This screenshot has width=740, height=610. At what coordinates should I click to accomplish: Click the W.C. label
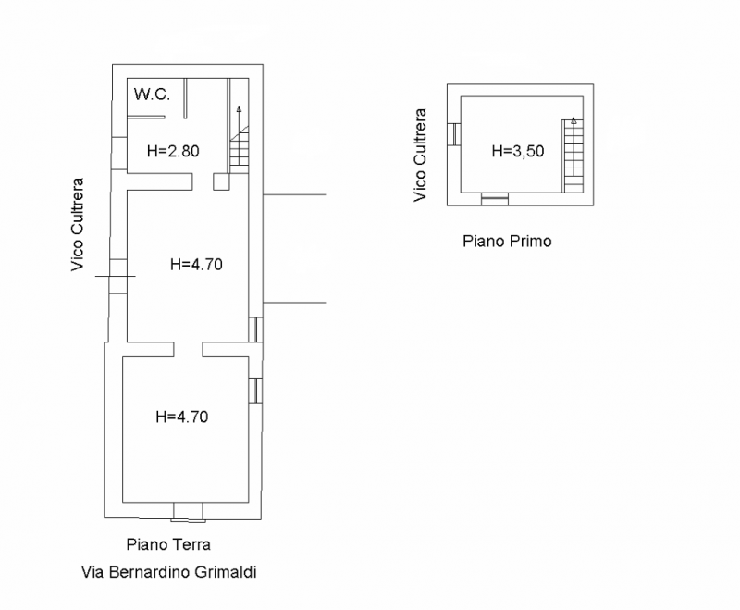click(x=152, y=94)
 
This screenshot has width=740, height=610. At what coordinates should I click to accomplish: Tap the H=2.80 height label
click(x=173, y=151)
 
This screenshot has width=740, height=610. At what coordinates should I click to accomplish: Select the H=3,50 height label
click(x=518, y=151)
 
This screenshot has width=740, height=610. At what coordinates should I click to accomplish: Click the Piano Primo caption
click(x=507, y=242)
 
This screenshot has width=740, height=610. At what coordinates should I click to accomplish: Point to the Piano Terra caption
click(x=168, y=544)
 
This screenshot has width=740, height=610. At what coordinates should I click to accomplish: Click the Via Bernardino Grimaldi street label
click(x=169, y=572)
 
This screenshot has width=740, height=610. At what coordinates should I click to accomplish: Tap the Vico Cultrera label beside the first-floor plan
click(x=420, y=156)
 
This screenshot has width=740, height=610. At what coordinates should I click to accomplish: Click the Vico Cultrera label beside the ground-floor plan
click(x=78, y=224)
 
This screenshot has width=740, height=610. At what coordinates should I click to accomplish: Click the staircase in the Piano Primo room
click(x=573, y=156)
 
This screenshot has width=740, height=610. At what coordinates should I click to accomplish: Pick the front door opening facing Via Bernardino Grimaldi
click(x=188, y=511)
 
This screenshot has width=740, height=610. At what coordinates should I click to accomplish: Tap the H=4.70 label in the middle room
click(x=196, y=265)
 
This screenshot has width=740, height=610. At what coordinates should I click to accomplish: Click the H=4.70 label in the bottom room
click(x=182, y=417)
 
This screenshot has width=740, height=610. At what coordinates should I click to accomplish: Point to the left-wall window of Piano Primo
click(x=454, y=134)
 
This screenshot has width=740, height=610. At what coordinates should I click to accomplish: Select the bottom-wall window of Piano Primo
click(x=495, y=199)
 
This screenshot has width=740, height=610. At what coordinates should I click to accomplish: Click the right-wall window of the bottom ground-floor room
click(x=255, y=391)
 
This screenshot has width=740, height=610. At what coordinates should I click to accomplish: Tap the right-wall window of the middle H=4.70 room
click(x=255, y=330)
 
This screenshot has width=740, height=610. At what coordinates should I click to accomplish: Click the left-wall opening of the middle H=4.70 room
click(x=118, y=276)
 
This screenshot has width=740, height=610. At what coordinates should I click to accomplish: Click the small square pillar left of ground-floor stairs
click(x=221, y=181)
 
